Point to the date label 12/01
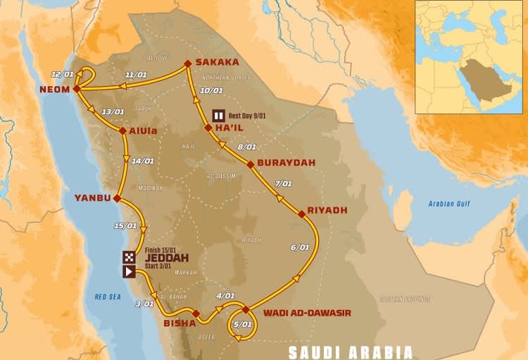(62, 74)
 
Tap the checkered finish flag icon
(130, 257)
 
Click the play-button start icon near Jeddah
(130, 271)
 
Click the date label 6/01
(300, 247)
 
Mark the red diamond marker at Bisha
(196, 314)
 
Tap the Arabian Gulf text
(450, 204)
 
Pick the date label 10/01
(211, 90)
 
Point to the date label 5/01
(242, 324)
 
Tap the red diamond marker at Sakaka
(188, 63)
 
